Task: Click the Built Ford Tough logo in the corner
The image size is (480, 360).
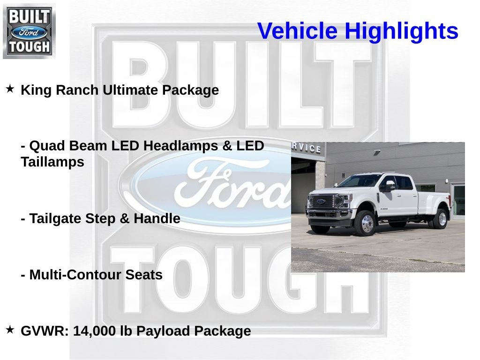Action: pos(29,31)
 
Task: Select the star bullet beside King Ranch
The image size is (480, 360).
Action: pos(10,89)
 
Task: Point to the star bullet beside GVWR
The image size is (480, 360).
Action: pos(10,330)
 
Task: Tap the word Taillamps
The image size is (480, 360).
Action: pos(52,162)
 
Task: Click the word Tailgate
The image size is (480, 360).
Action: pos(57,218)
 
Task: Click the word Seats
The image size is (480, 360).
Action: pos(143,275)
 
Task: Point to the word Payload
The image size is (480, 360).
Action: pos(162,331)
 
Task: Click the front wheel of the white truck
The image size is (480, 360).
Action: pos(367,224)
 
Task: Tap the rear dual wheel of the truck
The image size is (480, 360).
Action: pos(441,218)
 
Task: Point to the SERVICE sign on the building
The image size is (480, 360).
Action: pos(307,147)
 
